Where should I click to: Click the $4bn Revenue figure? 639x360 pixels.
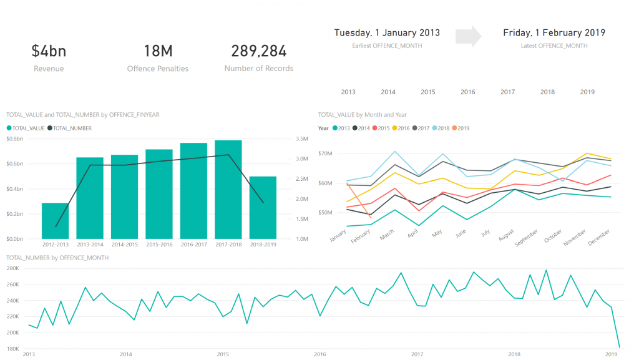point(49,52)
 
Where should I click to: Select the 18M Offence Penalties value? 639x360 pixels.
point(157,52)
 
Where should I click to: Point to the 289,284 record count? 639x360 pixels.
point(258,52)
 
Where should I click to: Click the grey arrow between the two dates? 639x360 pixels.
point(469,37)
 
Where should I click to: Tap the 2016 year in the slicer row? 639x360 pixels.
point(468,92)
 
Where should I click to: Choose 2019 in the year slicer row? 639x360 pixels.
point(587,92)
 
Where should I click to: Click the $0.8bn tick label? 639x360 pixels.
point(15,139)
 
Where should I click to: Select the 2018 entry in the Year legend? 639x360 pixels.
point(442,128)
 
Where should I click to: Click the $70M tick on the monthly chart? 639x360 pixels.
point(325,153)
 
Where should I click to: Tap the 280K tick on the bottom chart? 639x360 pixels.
point(14,268)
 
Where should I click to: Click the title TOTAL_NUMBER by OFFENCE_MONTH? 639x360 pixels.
point(57,258)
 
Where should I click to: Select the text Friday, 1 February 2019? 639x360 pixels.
point(554,33)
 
